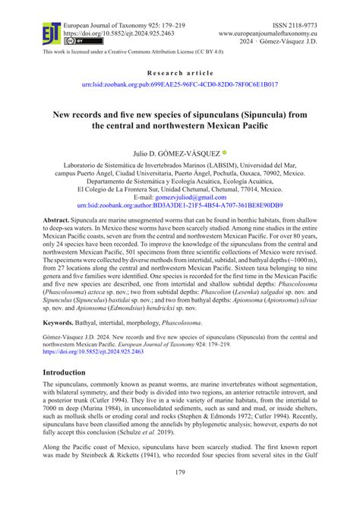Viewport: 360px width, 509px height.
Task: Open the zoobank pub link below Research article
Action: (x=179, y=86)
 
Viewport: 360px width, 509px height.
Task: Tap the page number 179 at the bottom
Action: (x=180, y=497)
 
